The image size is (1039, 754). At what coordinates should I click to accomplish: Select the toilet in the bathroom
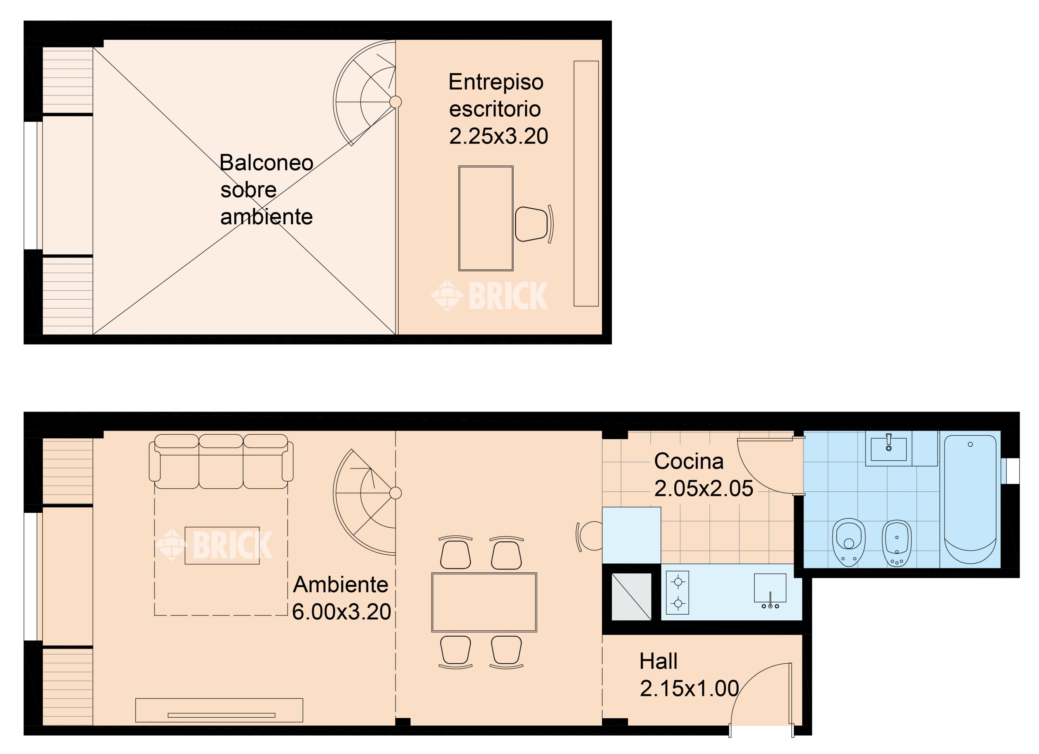849,543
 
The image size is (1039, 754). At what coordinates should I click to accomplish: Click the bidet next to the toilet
897,543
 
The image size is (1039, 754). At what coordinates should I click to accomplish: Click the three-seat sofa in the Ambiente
221,462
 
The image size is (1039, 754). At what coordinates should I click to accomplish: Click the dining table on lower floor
484,602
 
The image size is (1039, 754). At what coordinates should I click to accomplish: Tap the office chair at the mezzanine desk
532,224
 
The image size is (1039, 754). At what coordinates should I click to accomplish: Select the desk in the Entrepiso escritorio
486,218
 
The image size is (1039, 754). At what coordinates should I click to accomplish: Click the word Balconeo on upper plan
266,163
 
